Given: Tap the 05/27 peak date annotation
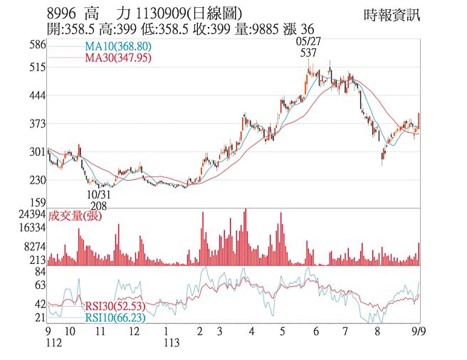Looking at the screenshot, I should (x=308, y=41).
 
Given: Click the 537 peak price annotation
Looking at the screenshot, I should (x=308, y=53).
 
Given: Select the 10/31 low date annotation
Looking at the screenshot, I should (x=98, y=193).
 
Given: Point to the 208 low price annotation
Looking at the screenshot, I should (x=98, y=205).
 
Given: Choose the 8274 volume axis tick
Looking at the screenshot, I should (x=34, y=245).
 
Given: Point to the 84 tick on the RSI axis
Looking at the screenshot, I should (x=40, y=272).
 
